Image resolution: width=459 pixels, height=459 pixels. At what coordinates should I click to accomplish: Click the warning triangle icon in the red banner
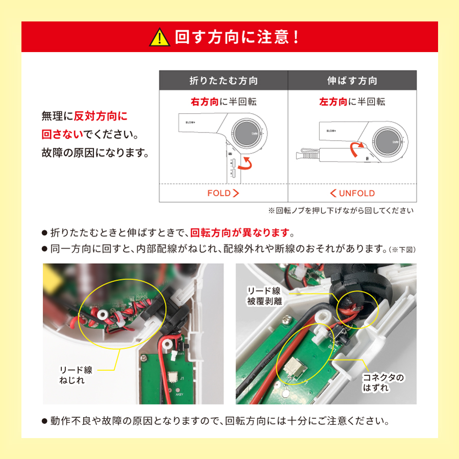160,37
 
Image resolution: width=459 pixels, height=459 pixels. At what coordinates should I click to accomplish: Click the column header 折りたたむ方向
223,81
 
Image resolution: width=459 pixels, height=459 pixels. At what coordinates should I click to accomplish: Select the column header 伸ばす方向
352,81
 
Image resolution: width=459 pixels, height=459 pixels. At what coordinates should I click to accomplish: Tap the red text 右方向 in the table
205,102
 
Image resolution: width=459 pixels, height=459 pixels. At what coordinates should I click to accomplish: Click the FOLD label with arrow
223,193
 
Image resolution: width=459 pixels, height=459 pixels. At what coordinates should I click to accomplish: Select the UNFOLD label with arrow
352,193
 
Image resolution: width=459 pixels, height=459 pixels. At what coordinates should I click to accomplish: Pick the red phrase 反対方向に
100,117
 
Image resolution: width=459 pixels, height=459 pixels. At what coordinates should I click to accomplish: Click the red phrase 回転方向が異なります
239,234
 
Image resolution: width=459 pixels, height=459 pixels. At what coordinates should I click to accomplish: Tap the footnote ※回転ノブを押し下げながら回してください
340,210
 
